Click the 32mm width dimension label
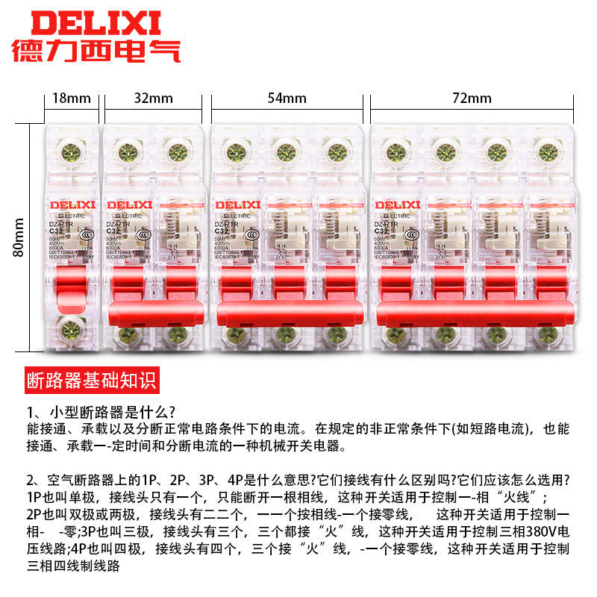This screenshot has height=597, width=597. click(x=154, y=98)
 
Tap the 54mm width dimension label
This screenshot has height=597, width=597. click(x=288, y=98)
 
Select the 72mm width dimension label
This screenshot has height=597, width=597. click(x=472, y=98)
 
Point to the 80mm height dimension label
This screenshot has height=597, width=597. click(x=19, y=237)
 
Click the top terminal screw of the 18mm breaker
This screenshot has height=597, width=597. click(x=72, y=153)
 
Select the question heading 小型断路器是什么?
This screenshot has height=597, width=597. click(x=101, y=413)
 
